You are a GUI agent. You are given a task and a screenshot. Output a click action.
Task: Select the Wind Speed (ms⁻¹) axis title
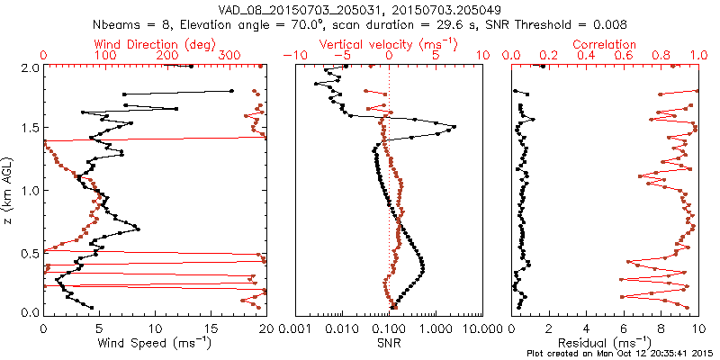[x=155, y=342]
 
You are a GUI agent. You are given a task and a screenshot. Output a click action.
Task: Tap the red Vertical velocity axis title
[x=389, y=43]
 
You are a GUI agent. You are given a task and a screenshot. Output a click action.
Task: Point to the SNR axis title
[x=389, y=342]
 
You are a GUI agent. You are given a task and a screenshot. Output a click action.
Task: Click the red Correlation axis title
[x=605, y=43]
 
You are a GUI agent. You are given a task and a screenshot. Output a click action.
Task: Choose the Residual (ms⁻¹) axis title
[x=605, y=342]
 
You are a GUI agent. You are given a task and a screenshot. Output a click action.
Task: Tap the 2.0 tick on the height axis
[x=29, y=67]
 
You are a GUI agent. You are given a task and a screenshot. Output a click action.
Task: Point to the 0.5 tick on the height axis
[x=29, y=252]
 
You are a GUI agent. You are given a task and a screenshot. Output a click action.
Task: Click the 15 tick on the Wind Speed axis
[x=211, y=327]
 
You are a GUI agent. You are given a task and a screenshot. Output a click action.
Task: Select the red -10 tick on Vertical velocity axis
[x=290, y=56]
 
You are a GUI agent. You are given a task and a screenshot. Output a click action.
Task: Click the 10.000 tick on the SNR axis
[x=483, y=327]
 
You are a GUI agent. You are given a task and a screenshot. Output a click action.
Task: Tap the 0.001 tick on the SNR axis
[x=296, y=327]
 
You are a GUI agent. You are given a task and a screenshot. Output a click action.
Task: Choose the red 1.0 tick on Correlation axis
[x=697, y=56]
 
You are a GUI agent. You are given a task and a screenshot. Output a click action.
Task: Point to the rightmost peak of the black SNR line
[x=454, y=127]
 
